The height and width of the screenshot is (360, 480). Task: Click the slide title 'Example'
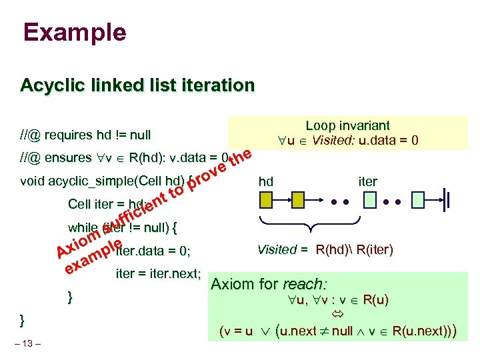[x=73, y=32]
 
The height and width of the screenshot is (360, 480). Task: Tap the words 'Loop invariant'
[x=347, y=125]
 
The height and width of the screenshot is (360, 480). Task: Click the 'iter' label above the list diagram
[x=367, y=181]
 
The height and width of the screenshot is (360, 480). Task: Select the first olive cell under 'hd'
[x=266, y=199]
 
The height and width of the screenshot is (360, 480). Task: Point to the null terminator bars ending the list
[x=449, y=199]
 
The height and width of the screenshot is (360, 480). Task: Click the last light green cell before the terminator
[x=419, y=199]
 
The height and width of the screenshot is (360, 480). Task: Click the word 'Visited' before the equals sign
[x=277, y=250]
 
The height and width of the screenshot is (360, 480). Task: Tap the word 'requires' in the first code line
[x=71, y=136]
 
